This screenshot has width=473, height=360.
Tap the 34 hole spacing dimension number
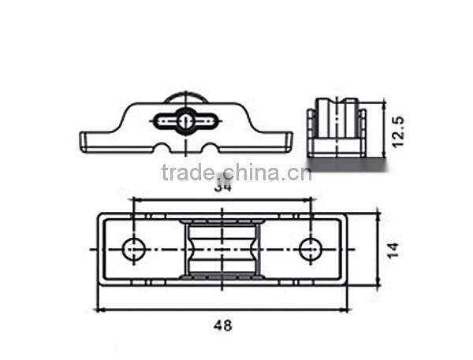pyautogui.click(x=222, y=188)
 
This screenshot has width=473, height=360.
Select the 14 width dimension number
pyautogui.click(x=394, y=250)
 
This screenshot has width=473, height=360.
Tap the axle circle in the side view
pyautogui.click(x=185, y=121)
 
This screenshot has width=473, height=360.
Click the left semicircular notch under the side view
pyautogui.click(x=164, y=147)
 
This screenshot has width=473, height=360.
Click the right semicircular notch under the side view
pyautogui.click(x=209, y=147)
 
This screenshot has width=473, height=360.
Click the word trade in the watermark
pyautogui.click(x=187, y=173)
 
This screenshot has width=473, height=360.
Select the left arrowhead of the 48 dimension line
pyautogui.click(x=99, y=310)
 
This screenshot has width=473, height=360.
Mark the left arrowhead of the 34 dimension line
pyautogui.click(x=136, y=199)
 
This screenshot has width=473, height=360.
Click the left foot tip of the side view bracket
pyautogui.click(x=83, y=143)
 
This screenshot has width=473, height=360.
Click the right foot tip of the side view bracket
pyautogui.click(x=290, y=143)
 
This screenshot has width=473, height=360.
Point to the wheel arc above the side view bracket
pyautogui.click(x=185, y=95)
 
